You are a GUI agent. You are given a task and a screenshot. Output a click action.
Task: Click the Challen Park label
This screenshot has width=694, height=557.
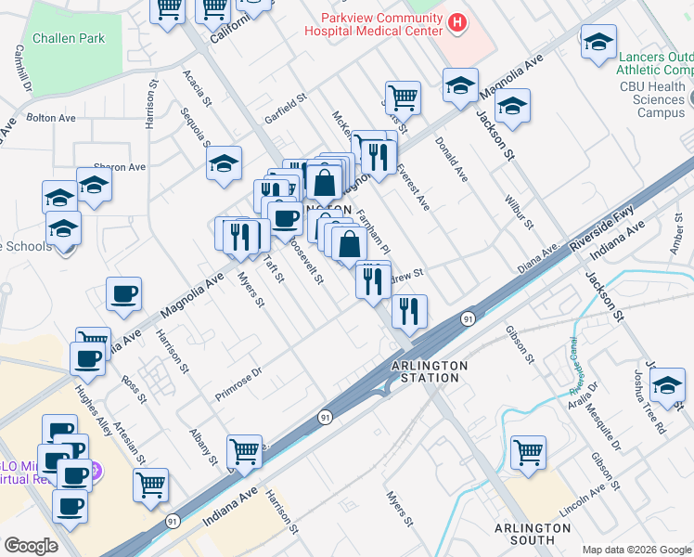point(68,38)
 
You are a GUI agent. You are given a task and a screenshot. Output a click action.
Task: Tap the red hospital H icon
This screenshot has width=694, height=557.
point(456,21)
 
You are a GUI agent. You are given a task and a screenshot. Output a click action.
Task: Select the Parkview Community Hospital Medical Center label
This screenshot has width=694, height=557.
point(381,24)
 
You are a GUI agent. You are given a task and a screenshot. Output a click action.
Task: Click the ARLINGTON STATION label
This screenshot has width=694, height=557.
point(428,371)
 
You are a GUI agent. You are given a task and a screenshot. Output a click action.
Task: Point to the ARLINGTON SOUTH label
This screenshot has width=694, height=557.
point(532,533)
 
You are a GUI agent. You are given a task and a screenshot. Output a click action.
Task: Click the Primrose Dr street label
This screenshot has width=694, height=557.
point(239,376)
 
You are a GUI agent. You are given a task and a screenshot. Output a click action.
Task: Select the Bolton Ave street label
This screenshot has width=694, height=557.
point(51,118)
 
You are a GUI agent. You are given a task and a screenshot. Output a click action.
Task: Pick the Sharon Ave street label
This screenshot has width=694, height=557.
point(120,167)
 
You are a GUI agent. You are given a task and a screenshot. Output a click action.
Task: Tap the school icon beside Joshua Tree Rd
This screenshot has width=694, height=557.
point(667,383)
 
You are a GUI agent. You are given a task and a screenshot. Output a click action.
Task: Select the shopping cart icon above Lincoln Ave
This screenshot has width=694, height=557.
point(528,453)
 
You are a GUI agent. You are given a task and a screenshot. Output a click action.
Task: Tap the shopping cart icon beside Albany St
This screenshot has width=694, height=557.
point(244,451)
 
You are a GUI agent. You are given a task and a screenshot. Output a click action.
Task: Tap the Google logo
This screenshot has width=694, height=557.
point(31,546)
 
